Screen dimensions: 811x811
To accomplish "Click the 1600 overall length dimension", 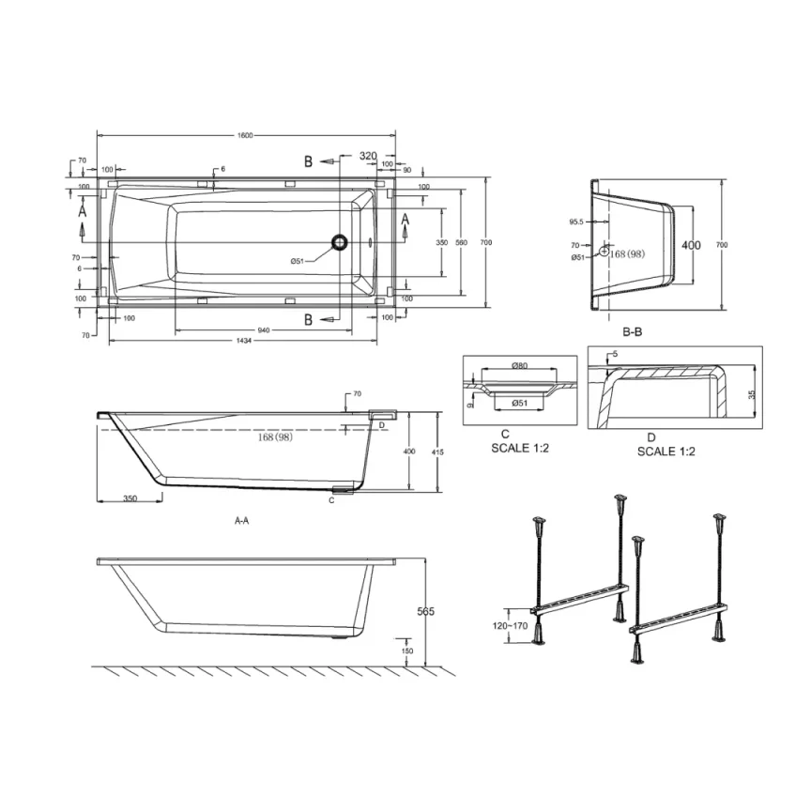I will click(x=245, y=136).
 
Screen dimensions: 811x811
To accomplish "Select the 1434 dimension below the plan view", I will click(x=245, y=339).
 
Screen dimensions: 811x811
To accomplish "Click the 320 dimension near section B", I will click(x=368, y=156).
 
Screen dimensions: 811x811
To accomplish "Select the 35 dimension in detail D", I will click(x=751, y=395).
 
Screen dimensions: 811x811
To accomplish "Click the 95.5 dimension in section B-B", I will click(x=577, y=222).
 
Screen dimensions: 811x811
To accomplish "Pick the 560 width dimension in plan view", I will click(x=461, y=243).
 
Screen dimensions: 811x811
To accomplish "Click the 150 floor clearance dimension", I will click(x=406, y=650).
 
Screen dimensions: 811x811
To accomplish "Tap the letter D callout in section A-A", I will click(x=380, y=425).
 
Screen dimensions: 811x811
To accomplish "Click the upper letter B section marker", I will click(x=307, y=161).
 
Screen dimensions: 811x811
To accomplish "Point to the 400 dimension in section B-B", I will click(x=691, y=245).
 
